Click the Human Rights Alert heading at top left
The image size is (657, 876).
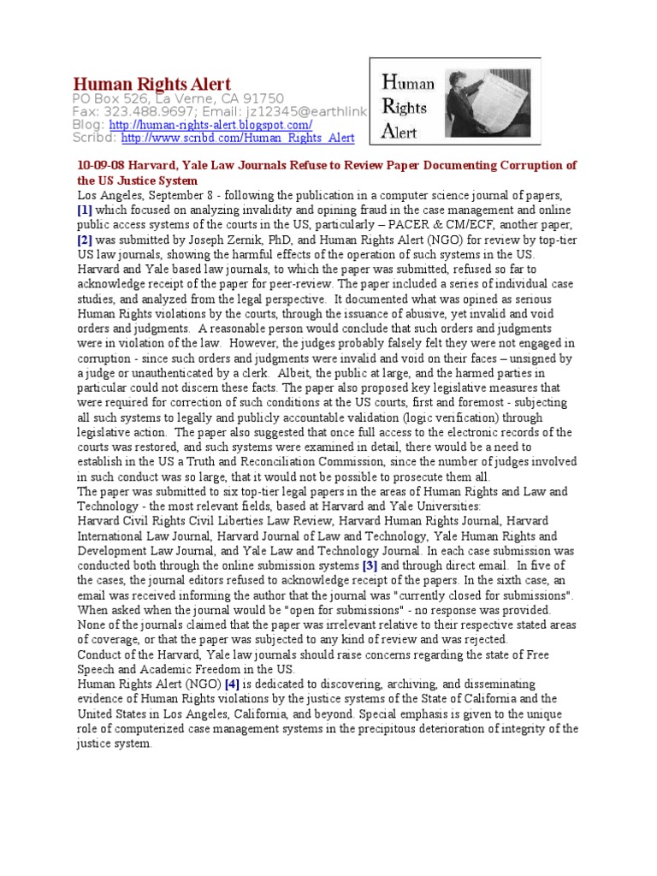(x=151, y=83)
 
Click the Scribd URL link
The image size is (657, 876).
(x=237, y=138)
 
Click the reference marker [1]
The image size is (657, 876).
(x=84, y=209)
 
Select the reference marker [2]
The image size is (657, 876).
(x=84, y=240)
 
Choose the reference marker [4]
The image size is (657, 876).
(x=231, y=684)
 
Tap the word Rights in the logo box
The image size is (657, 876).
(x=405, y=108)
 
